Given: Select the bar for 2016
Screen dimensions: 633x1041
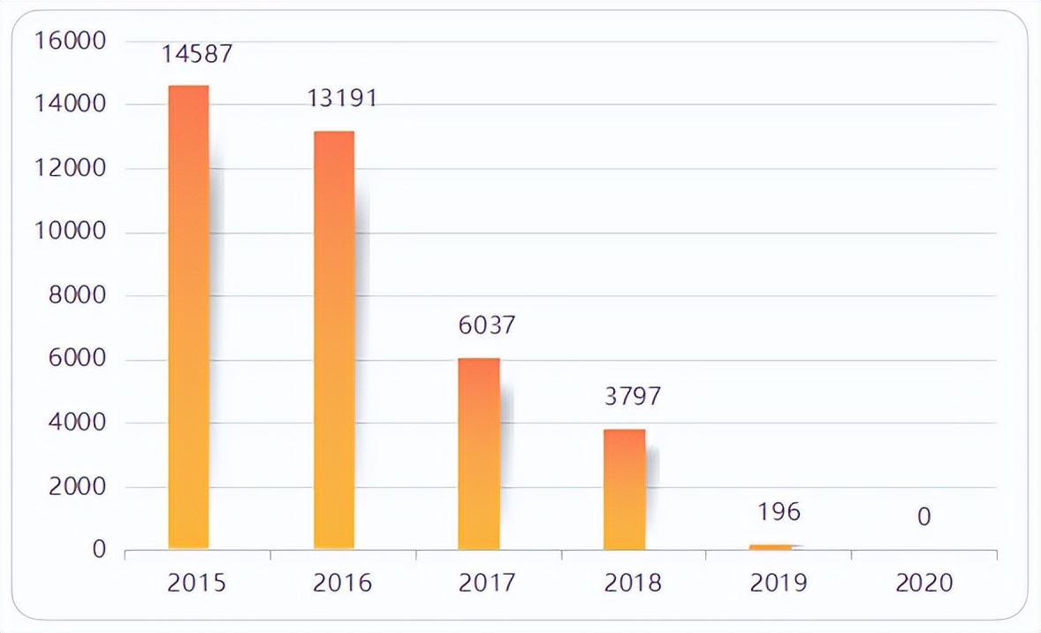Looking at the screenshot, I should [x=334, y=340].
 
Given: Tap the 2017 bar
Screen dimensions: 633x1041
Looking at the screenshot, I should [x=479, y=454].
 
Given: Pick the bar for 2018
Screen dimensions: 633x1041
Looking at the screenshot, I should [x=624, y=489].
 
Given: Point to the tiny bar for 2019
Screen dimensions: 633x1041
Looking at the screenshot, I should [x=771, y=546].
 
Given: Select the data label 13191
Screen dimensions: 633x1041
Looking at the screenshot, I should [x=342, y=97].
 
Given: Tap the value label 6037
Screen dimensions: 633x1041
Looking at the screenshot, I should [x=486, y=325].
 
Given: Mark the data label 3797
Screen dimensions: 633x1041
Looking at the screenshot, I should [x=632, y=396].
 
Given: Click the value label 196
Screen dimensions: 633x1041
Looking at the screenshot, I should [x=779, y=512].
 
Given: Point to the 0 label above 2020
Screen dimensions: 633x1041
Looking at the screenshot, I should [x=923, y=516].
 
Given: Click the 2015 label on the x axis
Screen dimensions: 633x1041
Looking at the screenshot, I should [x=197, y=583].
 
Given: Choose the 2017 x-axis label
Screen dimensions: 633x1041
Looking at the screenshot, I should [x=488, y=583].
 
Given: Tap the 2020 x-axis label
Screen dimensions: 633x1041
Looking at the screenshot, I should [x=924, y=583].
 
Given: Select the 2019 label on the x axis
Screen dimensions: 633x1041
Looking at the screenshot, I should [x=779, y=583].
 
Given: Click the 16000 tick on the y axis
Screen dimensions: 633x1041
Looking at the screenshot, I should [x=70, y=41].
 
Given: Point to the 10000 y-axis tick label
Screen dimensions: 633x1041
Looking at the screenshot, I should [x=70, y=232].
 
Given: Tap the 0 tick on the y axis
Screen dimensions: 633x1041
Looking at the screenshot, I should [x=99, y=550].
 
